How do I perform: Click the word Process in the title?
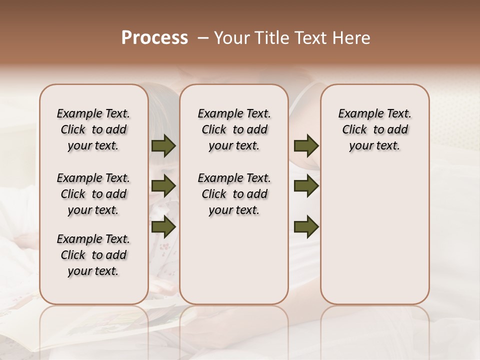pyautogui.click(x=154, y=38)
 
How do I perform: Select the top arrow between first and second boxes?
pyautogui.click(x=163, y=145)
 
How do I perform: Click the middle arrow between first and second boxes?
pyautogui.click(x=163, y=186)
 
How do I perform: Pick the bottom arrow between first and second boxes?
pyautogui.click(x=163, y=226)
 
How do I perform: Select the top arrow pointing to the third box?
pyautogui.click(x=306, y=145)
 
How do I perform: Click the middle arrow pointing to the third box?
pyautogui.click(x=306, y=186)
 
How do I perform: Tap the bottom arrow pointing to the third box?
pyautogui.click(x=306, y=226)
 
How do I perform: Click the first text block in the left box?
pyautogui.click(x=93, y=129)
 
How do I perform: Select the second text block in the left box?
pyautogui.click(x=93, y=194)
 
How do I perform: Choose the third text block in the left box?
pyautogui.click(x=93, y=255)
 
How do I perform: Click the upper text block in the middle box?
pyautogui.click(x=234, y=129)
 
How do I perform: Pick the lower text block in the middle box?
pyautogui.click(x=234, y=194)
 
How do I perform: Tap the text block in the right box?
pyautogui.click(x=374, y=129)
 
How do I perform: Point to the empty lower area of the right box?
pyautogui.click(x=374, y=235)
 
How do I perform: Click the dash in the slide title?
pyautogui.click(x=203, y=38)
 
